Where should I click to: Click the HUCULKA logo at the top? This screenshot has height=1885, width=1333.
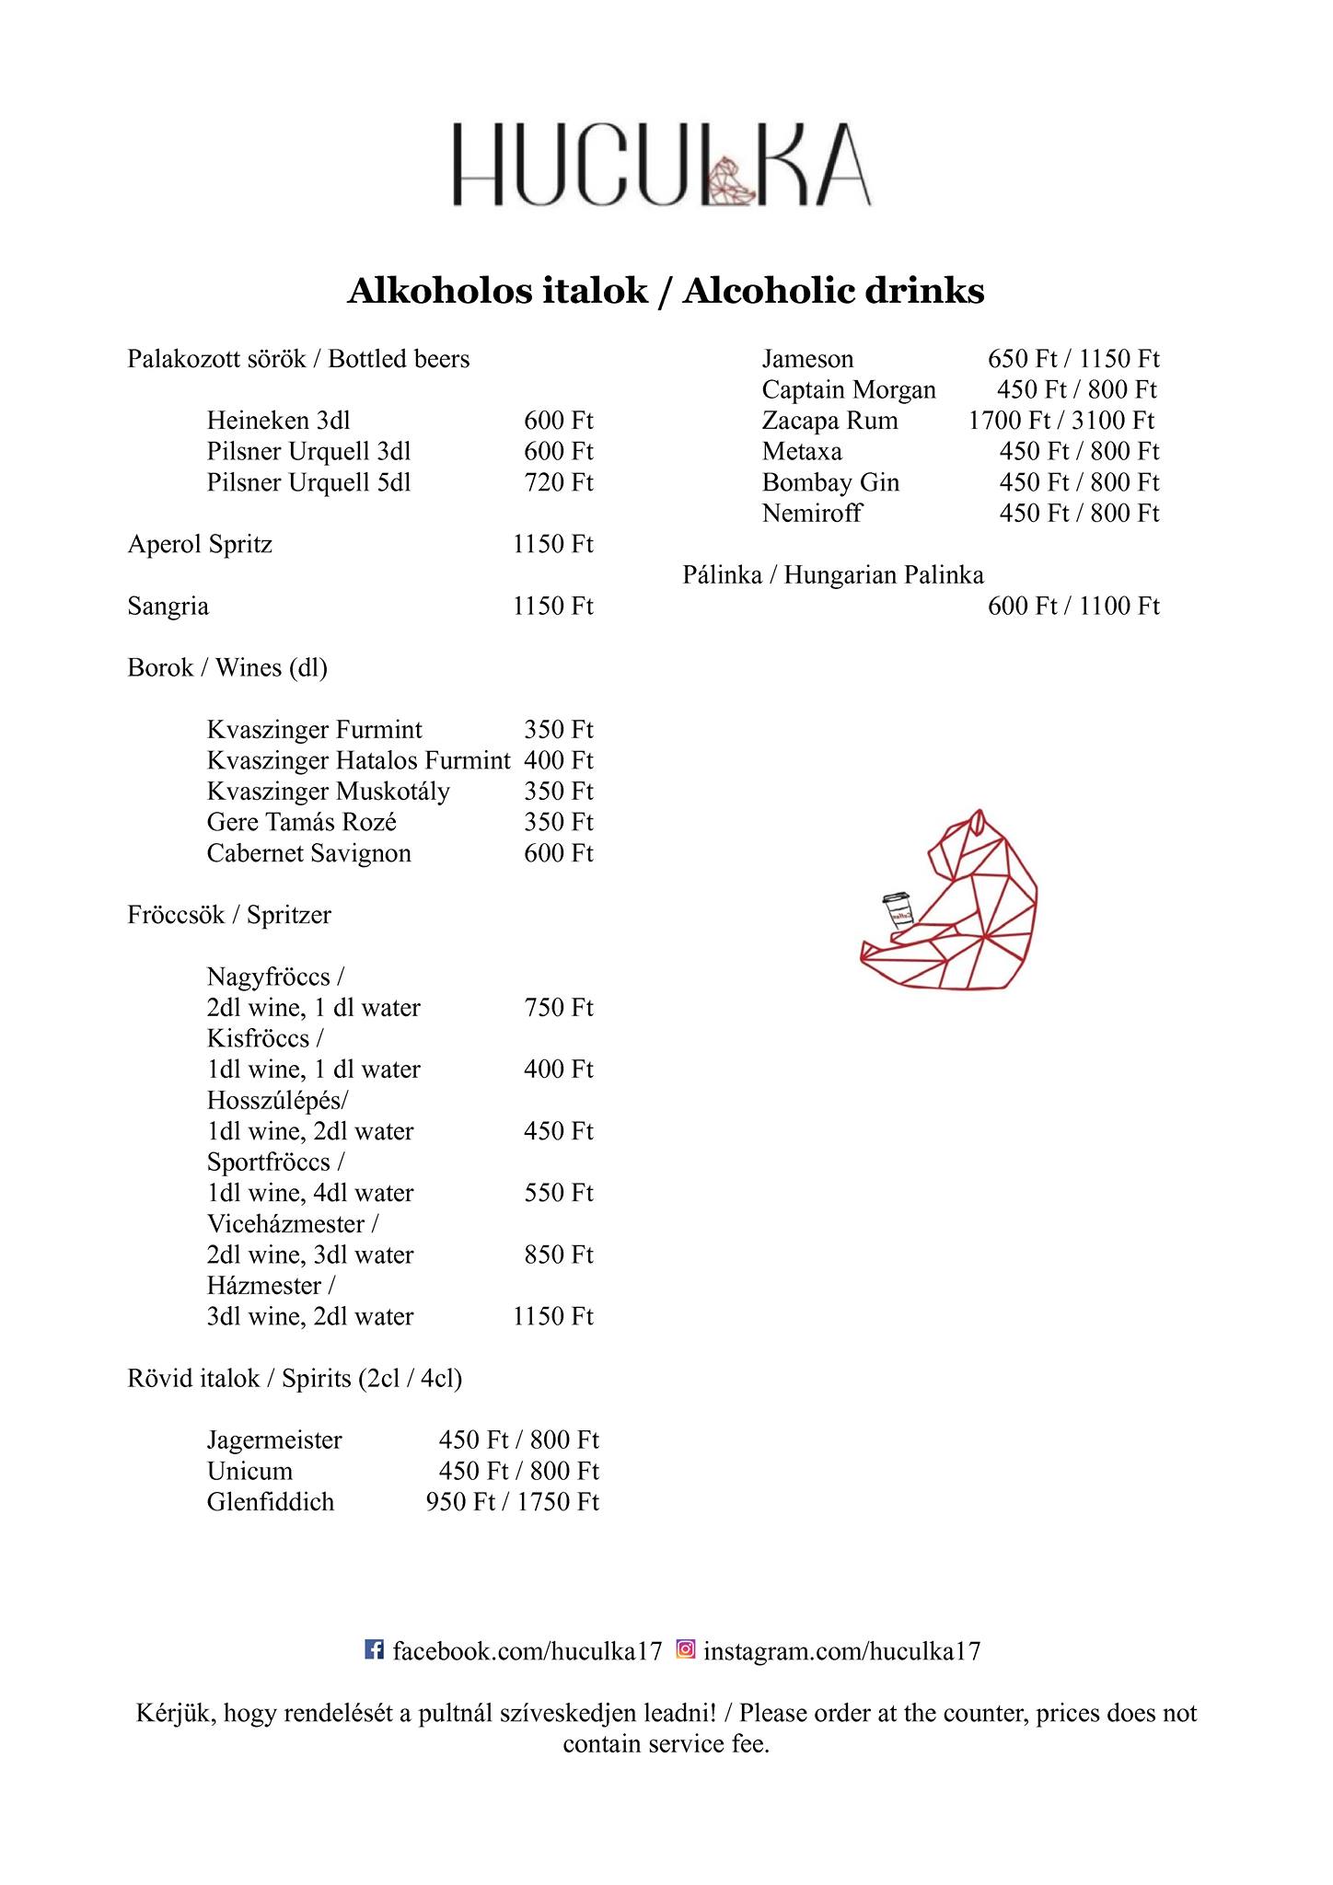[x=661, y=165]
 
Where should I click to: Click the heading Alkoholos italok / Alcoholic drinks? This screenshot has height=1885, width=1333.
[x=666, y=291]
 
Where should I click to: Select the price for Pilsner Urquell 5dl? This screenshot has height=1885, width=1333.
[x=558, y=482]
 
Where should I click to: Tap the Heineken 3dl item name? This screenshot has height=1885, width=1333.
[x=278, y=421]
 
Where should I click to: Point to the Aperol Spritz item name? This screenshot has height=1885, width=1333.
[x=200, y=544]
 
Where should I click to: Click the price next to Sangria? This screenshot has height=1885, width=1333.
[x=552, y=606]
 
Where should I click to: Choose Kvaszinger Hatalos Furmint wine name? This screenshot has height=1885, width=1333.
[x=358, y=760]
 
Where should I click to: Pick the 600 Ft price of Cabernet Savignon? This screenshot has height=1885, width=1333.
[x=558, y=853]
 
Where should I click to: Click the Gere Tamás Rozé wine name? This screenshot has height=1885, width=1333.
[x=301, y=822]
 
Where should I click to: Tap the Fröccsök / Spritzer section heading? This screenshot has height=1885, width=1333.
[x=228, y=915]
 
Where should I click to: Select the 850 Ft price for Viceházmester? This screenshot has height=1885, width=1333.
[x=558, y=1255]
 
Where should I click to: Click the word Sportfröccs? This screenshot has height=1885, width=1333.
[x=268, y=1162]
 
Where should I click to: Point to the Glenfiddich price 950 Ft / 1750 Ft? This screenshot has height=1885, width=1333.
[x=512, y=1502]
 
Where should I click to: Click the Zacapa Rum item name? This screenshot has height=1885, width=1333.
[x=829, y=421]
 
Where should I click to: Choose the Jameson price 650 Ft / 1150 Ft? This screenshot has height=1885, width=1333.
[x=1073, y=359]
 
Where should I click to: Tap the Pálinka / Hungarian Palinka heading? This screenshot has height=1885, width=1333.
[x=833, y=575]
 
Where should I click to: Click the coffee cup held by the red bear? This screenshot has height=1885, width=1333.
[x=898, y=911]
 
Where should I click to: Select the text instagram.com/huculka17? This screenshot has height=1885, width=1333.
[x=842, y=1651]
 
